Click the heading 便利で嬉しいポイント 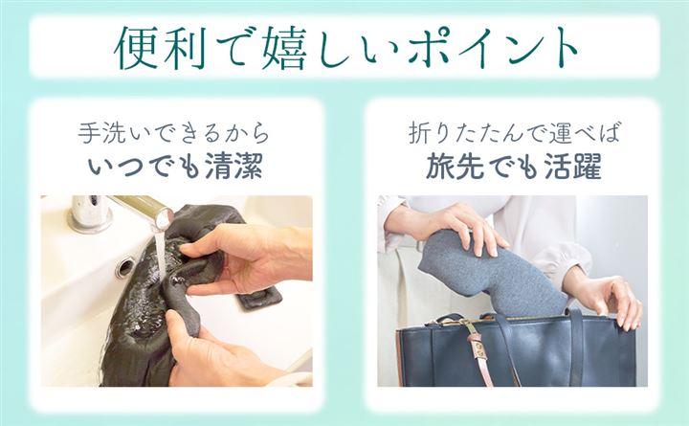[345, 48]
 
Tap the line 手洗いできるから [173, 133]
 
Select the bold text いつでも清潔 [176, 166]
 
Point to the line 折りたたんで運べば [513, 133]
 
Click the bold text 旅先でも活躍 [513, 167]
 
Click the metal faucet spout [142, 210]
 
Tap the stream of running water [160, 254]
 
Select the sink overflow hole [124, 267]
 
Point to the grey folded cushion [488, 273]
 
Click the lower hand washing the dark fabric [215, 351]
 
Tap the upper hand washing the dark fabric [246, 259]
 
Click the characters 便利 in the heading [161, 48]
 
